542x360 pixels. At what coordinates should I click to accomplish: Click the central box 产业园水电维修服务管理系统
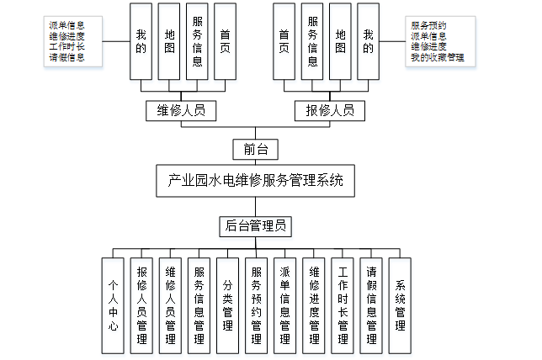[x=256, y=180]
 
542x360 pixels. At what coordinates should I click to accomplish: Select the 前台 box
[x=255, y=150]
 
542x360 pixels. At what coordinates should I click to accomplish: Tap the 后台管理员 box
[x=256, y=225]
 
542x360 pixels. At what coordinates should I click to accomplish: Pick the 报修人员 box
[x=329, y=111]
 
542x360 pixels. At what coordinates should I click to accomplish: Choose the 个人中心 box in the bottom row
[x=113, y=303]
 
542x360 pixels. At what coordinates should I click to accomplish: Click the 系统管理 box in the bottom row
[x=401, y=303]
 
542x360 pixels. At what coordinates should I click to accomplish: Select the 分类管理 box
[x=227, y=303]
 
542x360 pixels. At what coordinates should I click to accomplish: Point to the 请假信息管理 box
[x=371, y=303]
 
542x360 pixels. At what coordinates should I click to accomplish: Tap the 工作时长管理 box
[x=343, y=303]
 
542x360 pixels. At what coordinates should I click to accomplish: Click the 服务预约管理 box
[x=257, y=303]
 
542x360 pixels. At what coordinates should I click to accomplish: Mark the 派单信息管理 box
[x=285, y=303]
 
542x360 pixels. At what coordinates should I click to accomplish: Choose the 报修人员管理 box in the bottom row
[x=141, y=303]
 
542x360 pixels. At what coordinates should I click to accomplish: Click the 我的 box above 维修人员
[x=141, y=42]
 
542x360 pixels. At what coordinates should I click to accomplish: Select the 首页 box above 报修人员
[x=284, y=42]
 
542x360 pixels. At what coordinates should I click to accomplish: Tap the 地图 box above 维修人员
[x=169, y=42]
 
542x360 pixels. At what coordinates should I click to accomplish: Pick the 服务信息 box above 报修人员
[x=312, y=42]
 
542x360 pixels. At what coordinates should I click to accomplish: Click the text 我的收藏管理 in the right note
[x=437, y=58]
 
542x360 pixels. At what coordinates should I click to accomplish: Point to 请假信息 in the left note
[x=66, y=58]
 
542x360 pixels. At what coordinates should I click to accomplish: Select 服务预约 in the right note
[x=428, y=25]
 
